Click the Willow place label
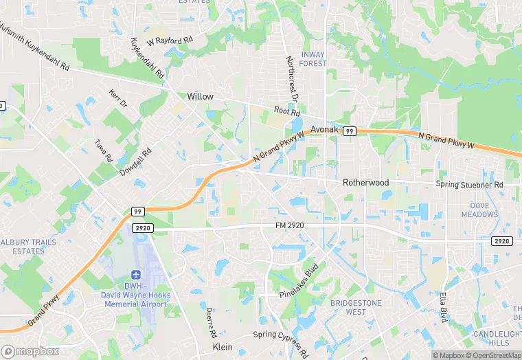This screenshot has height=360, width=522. point(201,97)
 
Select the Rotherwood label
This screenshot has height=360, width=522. point(366,183)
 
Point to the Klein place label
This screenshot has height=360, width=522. point(223,346)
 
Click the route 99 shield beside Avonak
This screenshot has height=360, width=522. point(350,131)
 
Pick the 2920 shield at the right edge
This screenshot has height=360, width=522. point(502,240)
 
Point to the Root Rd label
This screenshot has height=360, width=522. point(287,111)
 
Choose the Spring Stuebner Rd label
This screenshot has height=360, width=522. point(469,185)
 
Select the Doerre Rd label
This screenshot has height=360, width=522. point(209,321)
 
